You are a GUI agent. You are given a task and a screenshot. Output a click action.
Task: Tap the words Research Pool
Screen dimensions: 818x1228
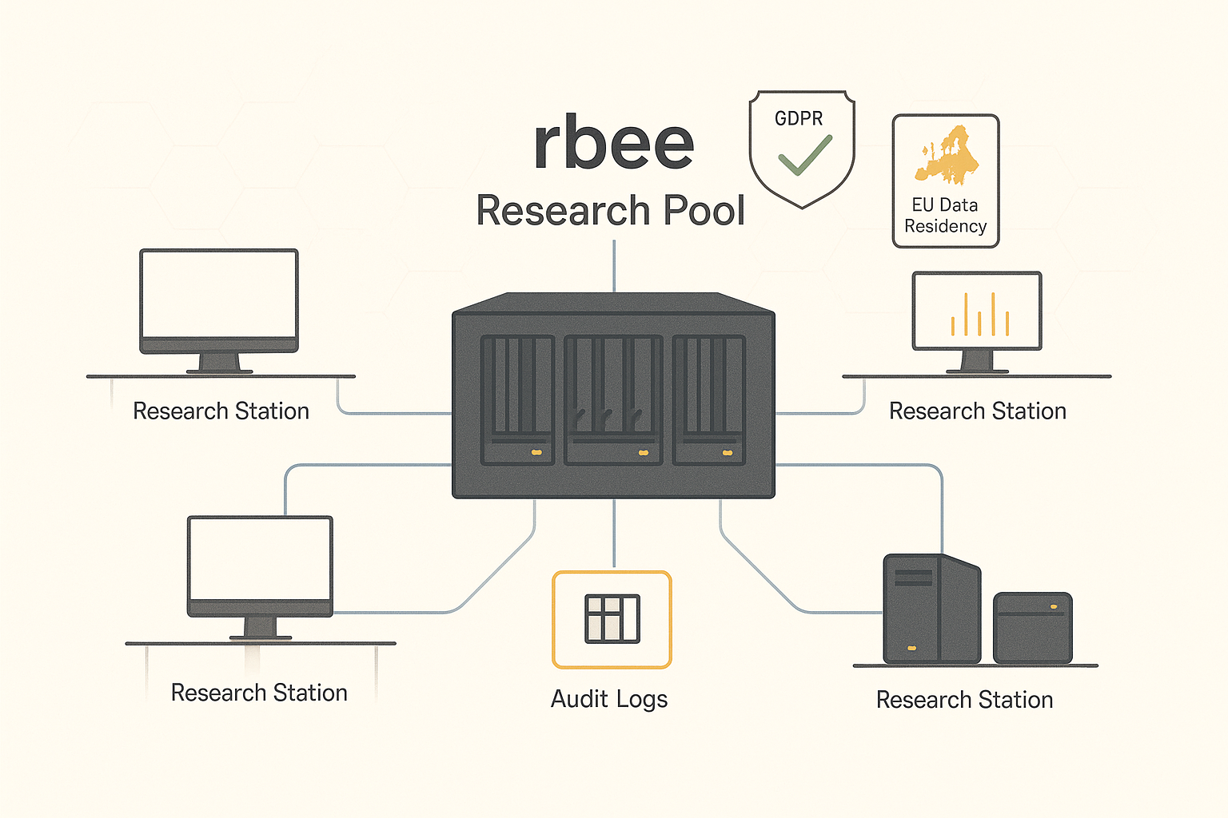(610, 211)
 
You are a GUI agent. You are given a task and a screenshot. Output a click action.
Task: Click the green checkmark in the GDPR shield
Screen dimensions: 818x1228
(805, 155)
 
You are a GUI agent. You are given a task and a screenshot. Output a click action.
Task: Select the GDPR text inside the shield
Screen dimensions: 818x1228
(799, 119)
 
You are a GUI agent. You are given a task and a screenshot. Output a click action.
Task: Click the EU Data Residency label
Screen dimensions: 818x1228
(945, 216)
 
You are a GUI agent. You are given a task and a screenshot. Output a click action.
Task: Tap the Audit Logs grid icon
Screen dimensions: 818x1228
(612, 619)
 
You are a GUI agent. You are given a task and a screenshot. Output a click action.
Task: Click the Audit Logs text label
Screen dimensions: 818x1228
(609, 699)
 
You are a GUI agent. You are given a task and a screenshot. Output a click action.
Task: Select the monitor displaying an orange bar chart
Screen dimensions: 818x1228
(977, 312)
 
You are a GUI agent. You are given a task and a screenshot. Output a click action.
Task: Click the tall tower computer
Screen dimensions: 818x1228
(931, 609)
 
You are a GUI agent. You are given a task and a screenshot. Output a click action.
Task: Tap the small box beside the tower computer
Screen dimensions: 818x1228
(1032, 628)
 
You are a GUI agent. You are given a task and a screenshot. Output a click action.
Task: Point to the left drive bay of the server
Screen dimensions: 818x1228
(517, 399)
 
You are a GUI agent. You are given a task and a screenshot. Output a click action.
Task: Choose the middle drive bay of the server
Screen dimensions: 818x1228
(613, 399)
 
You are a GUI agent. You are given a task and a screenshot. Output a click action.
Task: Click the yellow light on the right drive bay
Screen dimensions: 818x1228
(728, 453)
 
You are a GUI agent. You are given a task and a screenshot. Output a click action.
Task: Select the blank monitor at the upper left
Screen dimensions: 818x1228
(219, 296)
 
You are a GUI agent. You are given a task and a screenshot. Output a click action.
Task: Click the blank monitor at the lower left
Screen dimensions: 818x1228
(260, 559)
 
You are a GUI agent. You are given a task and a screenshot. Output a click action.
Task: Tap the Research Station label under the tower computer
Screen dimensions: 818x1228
(964, 700)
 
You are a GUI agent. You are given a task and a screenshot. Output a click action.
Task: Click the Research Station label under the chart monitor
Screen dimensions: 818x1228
(978, 411)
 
